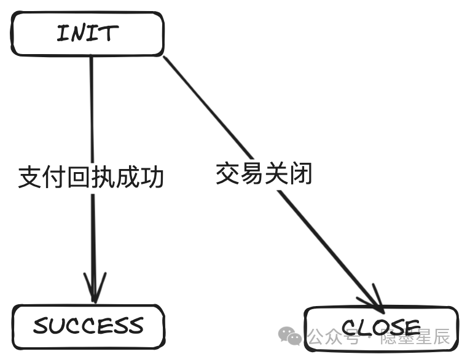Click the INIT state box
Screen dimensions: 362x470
[x=87, y=34]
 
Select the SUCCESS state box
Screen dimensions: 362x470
[x=88, y=326]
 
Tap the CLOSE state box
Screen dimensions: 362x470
[x=381, y=328]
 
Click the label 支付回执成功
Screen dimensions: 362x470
[x=91, y=177]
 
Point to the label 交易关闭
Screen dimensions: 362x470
[x=264, y=174]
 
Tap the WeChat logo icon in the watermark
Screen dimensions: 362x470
[x=289, y=336]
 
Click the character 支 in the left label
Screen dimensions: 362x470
[x=30, y=177]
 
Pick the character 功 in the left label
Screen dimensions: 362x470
[x=152, y=177]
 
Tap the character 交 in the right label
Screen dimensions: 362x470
[x=227, y=174]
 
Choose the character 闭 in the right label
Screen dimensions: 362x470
[x=301, y=174]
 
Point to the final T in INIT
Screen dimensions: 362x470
[x=109, y=34]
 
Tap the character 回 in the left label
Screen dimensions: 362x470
[x=79, y=177]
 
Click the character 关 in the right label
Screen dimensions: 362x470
[x=276, y=174]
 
